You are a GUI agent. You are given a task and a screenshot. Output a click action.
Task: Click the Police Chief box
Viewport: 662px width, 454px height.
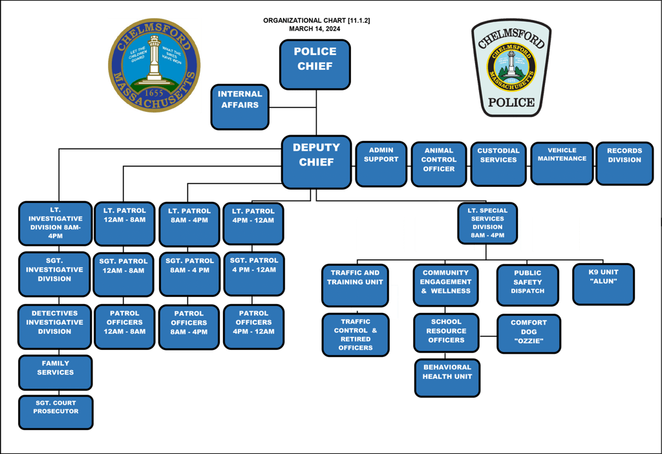[315, 64]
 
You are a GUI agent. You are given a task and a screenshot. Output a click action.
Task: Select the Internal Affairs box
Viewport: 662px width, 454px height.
[240, 106]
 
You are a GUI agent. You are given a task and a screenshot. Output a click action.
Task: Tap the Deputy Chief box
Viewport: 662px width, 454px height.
[316, 162]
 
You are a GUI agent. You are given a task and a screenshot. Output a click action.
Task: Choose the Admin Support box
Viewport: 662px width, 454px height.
[381, 164]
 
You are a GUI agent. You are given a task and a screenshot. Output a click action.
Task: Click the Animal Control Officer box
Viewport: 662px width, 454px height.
[439, 164]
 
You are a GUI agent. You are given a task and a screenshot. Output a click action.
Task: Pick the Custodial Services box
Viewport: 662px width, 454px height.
[498, 164]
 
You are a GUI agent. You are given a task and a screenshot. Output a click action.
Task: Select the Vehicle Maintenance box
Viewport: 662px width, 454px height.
[562, 163]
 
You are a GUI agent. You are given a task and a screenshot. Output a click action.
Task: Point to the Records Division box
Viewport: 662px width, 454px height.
[625, 164]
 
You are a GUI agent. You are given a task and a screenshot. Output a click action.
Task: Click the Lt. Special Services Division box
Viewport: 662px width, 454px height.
[487, 223]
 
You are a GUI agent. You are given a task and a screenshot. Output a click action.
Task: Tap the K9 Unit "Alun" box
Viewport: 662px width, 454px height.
[603, 284]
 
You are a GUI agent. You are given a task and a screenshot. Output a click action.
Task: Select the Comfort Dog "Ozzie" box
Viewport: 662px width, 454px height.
[529, 334]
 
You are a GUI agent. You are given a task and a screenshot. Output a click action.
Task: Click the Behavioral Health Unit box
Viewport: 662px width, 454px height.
[447, 378]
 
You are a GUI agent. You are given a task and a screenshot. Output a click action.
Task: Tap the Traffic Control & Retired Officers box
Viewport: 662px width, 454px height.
[356, 335]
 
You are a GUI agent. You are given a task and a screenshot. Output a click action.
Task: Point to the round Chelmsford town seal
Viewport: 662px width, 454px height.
[154, 65]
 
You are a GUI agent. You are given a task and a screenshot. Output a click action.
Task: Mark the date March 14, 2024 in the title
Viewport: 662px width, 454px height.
[314, 29]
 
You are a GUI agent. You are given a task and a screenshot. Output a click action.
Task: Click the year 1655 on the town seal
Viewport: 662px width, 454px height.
[154, 93]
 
